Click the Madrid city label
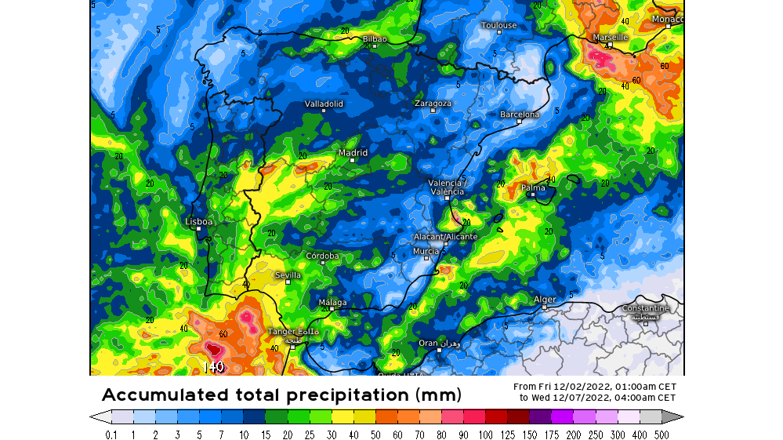[353, 153]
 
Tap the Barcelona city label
[520, 115]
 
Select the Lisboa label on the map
[198, 222]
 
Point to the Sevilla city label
[288, 275]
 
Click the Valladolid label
[324, 104]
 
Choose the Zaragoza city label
[433, 104]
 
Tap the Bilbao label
[375, 38]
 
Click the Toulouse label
[499, 25]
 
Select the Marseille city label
[610, 37]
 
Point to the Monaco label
[668, 19]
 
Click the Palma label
[533, 187]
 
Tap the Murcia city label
[426, 251]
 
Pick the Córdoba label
[322, 256]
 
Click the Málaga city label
[332, 302]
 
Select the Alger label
[545, 300]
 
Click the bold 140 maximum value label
[213, 366]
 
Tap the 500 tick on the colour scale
[662, 435]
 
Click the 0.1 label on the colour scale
[112, 435]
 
